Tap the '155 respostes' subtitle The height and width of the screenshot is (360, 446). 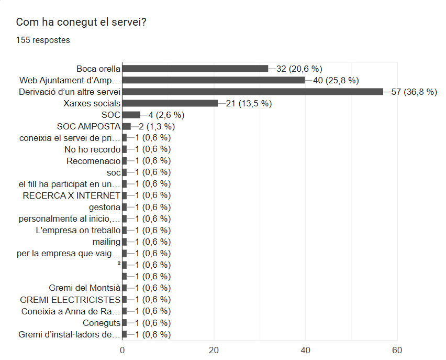click(43, 40)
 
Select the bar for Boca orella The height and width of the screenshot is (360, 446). click(195, 69)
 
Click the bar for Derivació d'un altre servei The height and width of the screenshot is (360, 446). click(252, 92)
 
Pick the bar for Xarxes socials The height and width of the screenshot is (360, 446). click(170, 103)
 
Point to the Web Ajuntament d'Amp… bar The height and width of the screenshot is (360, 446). click(213, 80)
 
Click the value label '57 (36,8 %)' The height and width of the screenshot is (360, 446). click(414, 92)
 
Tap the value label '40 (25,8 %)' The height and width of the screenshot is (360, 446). click(336, 80)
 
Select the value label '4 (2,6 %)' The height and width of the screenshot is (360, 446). click(166, 115)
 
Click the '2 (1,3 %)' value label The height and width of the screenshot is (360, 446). click(157, 126)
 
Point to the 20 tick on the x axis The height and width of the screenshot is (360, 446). click(214, 350)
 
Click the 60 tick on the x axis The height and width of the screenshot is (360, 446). click(397, 350)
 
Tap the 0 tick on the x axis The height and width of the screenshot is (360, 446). click(122, 350)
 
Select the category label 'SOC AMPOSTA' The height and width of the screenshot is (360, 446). click(88, 126)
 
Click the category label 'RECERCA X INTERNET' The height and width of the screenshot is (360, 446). click(72, 195)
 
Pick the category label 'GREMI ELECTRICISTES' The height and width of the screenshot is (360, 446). click(70, 300)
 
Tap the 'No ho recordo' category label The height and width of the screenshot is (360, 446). click(92, 149)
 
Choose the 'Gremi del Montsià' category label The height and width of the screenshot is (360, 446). click(84, 288)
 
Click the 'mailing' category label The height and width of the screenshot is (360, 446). click(106, 242)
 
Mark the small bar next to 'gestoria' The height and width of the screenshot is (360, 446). click(124, 207)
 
